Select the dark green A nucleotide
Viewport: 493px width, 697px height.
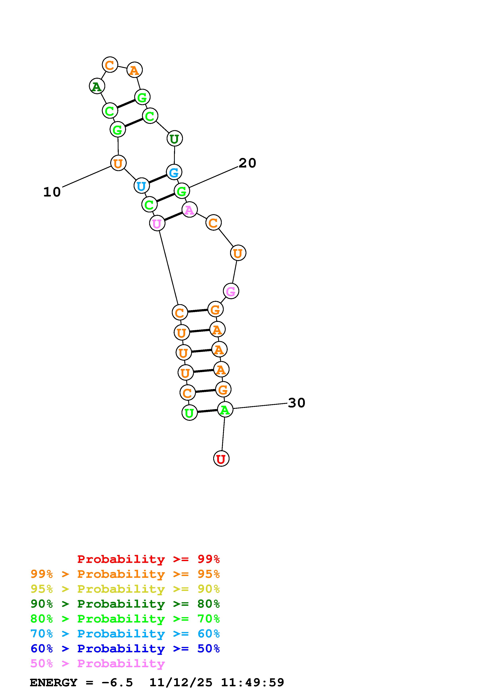(97, 86)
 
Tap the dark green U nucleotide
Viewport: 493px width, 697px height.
(174, 139)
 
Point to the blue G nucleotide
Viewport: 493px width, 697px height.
(174, 172)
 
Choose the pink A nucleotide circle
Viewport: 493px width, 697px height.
(190, 209)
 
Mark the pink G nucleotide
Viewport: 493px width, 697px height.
(231, 291)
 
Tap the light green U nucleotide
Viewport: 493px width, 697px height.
(189, 413)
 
